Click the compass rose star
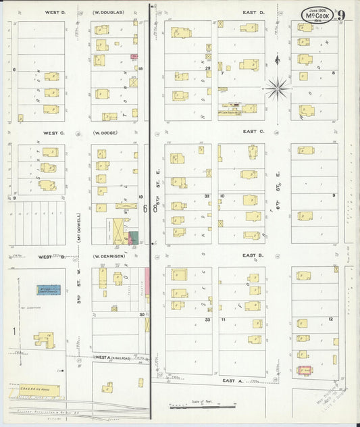[277, 87]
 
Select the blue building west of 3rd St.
[49, 289]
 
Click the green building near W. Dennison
[134, 238]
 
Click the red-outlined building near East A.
[305, 370]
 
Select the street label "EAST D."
[253, 12]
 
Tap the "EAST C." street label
[253, 131]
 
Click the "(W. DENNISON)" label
[108, 257]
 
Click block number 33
[209, 320]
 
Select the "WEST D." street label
[55, 12]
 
